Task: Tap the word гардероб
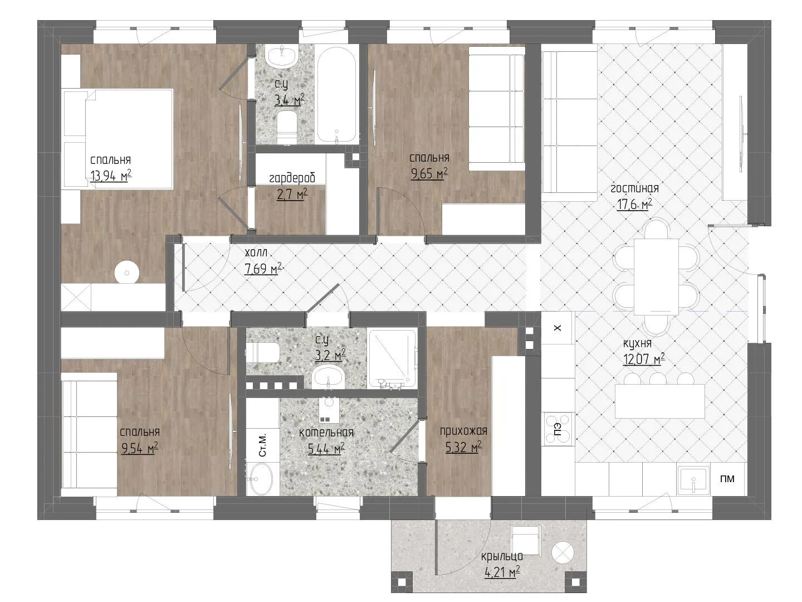292,178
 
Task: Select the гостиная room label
635,188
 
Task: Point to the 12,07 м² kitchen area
644,359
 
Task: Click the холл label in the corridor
256,252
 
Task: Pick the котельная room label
326,433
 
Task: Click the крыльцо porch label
502,557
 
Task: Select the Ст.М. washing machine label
262,445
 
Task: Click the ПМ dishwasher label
727,478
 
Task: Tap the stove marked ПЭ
558,429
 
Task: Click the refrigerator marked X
558,328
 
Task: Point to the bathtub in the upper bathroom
336,96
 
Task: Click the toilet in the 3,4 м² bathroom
287,128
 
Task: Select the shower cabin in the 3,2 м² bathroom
392,359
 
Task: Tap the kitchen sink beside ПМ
693,480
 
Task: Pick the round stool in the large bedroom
126,273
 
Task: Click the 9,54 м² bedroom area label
140,448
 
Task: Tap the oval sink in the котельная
260,479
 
